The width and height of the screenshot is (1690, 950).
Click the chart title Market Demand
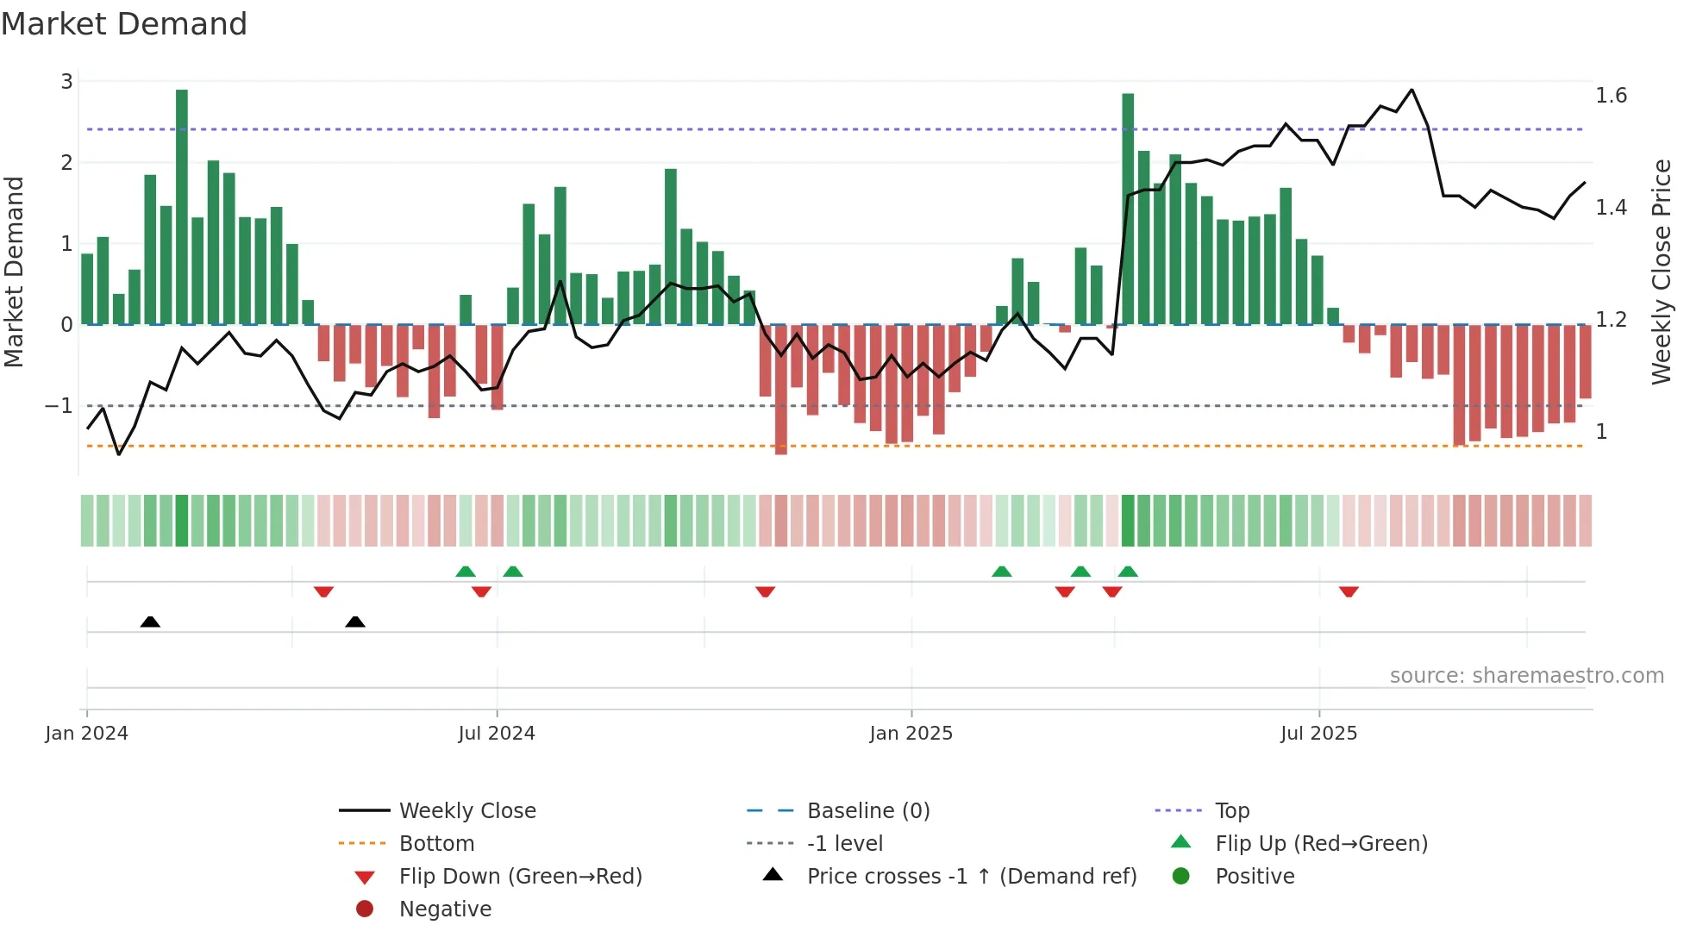click(124, 24)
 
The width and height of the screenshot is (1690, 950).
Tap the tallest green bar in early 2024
click(182, 207)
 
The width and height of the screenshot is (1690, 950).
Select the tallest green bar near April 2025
click(1128, 209)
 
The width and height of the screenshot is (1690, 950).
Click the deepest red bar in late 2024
click(781, 390)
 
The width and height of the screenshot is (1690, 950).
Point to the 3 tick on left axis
click(66, 82)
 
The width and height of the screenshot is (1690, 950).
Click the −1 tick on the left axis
click(59, 406)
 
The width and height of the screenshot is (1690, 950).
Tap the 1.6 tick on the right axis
click(1611, 96)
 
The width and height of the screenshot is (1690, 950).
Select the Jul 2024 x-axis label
click(497, 734)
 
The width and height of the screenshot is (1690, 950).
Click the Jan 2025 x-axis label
click(911, 734)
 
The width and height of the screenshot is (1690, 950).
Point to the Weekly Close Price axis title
click(1661, 272)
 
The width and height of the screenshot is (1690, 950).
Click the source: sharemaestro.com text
click(1526, 676)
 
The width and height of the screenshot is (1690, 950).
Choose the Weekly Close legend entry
click(466, 811)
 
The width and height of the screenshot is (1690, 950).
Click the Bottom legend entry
click(436, 844)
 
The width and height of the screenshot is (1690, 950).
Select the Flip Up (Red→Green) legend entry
click(1321, 844)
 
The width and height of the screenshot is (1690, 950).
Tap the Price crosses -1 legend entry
click(971, 877)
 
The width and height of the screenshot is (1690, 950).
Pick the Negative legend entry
click(445, 909)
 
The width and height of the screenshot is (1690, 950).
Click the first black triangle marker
click(150, 622)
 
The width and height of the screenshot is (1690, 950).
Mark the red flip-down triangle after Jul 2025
click(1349, 591)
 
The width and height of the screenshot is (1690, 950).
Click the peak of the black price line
click(1411, 90)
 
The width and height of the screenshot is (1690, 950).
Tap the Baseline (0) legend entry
click(867, 811)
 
